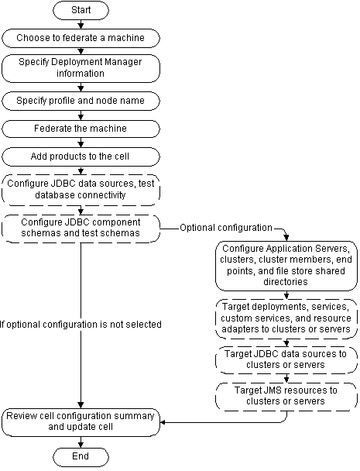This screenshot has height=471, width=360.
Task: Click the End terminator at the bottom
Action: tap(81, 456)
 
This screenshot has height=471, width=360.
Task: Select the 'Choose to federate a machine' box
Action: tap(81, 37)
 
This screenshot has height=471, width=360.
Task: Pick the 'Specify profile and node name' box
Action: tap(81, 100)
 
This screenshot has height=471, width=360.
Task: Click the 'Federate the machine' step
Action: tap(81, 128)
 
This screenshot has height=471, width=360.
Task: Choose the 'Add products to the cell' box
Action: tap(81, 156)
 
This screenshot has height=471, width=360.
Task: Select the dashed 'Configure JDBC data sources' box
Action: tap(81, 189)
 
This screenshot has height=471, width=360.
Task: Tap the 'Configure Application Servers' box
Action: tap(287, 265)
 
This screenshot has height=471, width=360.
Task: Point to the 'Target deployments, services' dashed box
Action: tap(287, 318)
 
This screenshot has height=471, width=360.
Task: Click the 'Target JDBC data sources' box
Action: tap(287, 359)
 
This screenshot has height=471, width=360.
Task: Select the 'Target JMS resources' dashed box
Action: tap(287, 396)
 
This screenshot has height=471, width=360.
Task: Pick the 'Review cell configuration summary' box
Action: tap(81, 421)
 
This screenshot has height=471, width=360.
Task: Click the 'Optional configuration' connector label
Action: tap(225, 228)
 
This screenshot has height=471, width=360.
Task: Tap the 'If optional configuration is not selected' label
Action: tap(80, 325)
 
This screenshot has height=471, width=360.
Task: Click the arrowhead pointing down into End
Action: tap(81, 444)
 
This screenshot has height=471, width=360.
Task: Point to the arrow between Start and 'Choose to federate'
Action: tap(81, 26)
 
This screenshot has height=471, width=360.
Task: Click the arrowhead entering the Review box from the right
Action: tap(164, 422)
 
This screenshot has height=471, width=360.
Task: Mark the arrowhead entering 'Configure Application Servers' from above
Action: tap(287, 236)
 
